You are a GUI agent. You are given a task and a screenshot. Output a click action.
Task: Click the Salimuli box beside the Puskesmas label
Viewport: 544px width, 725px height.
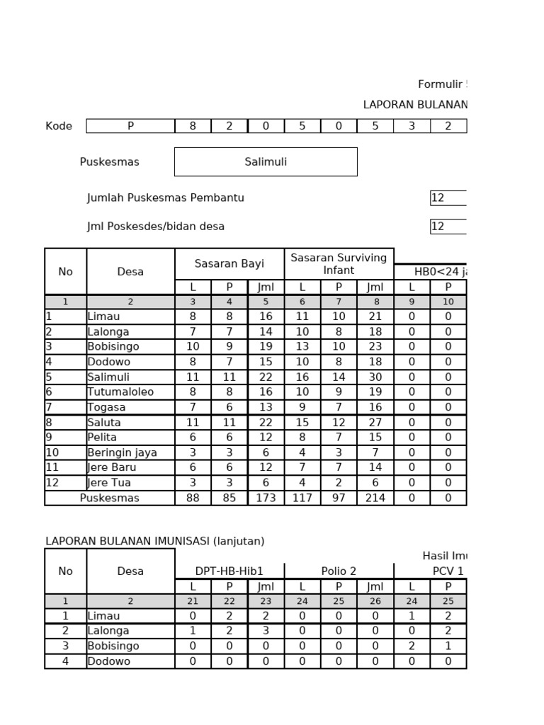(266, 161)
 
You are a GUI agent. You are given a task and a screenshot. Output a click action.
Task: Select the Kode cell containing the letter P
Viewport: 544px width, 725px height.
(130, 126)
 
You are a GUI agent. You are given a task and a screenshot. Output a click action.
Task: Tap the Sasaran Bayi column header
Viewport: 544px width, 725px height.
(229, 264)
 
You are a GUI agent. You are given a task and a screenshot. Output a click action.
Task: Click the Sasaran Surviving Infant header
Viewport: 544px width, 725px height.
(339, 264)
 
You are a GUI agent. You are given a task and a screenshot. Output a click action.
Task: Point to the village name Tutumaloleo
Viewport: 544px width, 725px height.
(120, 392)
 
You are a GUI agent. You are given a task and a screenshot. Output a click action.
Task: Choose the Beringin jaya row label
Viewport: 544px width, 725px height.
(122, 452)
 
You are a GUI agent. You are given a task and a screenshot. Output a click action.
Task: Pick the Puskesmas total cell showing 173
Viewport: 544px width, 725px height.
(266, 498)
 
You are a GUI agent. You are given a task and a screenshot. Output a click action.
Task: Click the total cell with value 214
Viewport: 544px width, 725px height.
(375, 498)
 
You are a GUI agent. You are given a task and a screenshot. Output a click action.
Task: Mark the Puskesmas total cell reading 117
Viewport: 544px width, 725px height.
(302, 498)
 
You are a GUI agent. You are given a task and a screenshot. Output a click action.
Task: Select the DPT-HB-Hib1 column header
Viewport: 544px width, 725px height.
(229, 571)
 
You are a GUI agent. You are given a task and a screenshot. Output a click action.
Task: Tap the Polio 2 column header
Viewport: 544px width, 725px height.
(339, 571)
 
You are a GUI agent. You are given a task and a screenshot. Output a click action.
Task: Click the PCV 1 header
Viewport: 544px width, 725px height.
(448, 571)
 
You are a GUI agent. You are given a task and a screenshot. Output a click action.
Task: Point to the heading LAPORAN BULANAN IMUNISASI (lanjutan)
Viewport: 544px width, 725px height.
(155, 541)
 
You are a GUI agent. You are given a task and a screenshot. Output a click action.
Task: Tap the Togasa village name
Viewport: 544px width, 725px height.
(107, 407)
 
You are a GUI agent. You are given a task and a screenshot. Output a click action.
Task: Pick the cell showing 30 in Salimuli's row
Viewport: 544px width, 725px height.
(375, 377)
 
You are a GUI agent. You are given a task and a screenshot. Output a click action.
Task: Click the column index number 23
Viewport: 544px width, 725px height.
(266, 601)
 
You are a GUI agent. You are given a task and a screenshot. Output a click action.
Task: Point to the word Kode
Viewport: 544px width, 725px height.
(59, 126)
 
